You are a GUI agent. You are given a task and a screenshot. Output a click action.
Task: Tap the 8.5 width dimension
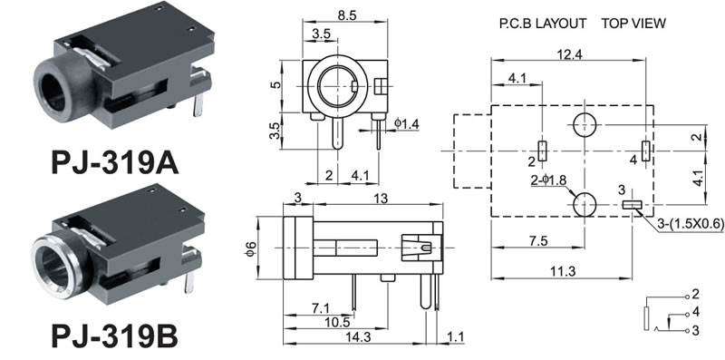coord(347,15)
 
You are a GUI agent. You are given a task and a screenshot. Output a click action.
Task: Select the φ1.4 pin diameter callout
coord(406,123)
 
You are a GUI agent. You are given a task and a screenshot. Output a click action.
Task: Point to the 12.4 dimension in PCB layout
coord(569,54)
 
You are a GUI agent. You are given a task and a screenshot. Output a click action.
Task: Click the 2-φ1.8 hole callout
coord(548,180)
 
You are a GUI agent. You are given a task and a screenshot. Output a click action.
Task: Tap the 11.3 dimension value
coord(562,272)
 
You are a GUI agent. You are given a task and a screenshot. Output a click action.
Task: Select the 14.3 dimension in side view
coord(358,337)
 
